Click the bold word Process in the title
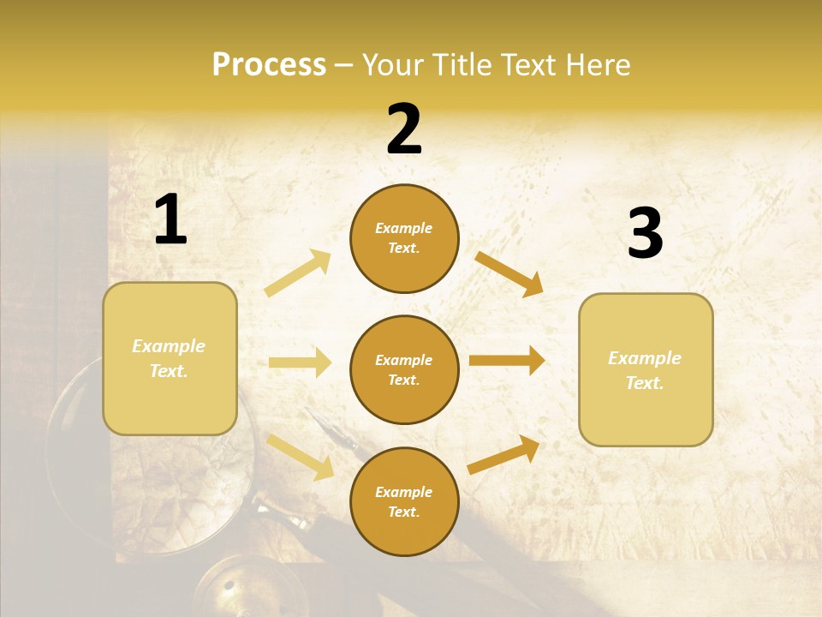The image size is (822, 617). [x=269, y=64]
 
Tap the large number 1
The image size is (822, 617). [x=170, y=219]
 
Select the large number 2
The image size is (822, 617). [x=404, y=129]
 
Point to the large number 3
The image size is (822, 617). [x=645, y=233]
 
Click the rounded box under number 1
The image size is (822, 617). [x=170, y=358]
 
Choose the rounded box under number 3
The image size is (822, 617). [x=646, y=369]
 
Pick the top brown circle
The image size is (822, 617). [x=404, y=238]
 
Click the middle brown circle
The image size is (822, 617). [x=404, y=369]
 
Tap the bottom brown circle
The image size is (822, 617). [x=404, y=501]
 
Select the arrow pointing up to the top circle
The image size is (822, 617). [x=298, y=273]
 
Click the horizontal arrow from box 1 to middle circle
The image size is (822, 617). [x=300, y=362]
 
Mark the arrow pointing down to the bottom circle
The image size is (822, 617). [x=300, y=457]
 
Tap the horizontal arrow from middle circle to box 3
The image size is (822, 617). [x=507, y=360]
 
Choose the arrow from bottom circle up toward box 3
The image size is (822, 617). [x=503, y=455]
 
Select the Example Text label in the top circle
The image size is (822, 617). [x=404, y=238]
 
